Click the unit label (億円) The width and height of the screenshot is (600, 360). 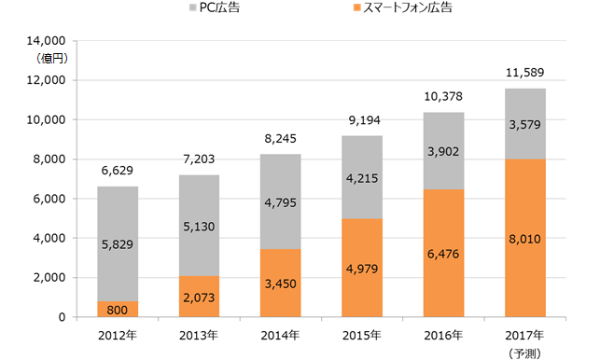point(44,58)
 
